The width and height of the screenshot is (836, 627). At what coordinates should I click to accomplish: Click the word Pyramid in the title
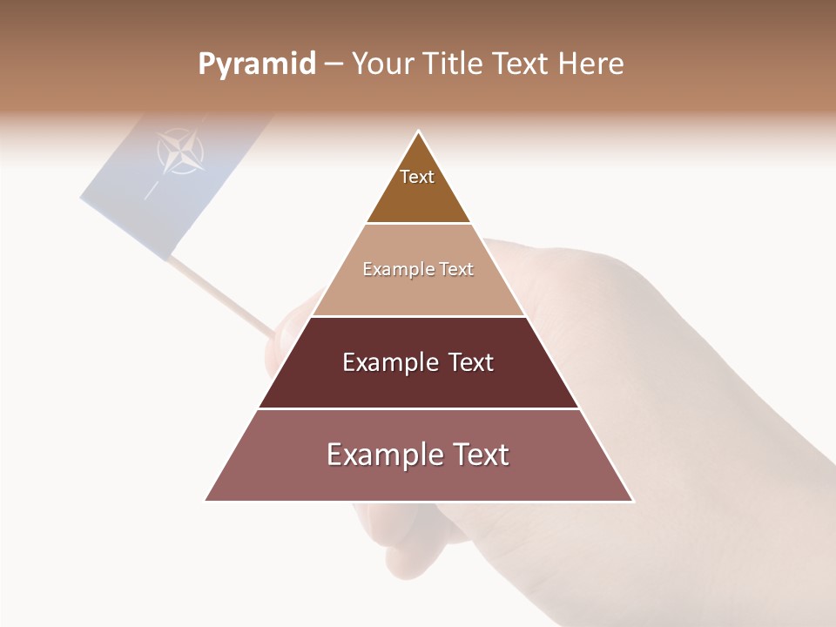pos(256,64)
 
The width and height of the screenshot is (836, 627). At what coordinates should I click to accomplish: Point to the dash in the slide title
pos(333,64)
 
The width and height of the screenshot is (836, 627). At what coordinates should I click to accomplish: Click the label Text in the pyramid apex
pos(417,177)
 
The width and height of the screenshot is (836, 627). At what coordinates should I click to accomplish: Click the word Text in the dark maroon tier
pos(471,362)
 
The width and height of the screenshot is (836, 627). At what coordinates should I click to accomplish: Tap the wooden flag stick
pos(222,296)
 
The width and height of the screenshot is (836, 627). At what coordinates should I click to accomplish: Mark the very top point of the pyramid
pos(419,131)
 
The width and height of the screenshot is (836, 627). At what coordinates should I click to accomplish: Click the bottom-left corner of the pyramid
pos(206,500)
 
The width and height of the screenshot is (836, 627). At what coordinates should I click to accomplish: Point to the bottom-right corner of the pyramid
pos(632,500)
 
